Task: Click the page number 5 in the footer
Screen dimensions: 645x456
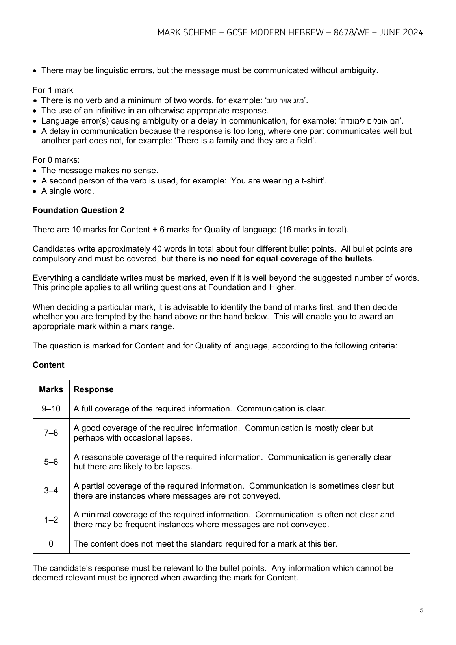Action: (421, 611)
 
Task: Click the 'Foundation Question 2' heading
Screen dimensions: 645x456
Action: (78, 210)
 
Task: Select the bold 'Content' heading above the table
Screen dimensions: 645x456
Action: (48, 365)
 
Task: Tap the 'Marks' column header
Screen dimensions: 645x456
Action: (51, 389)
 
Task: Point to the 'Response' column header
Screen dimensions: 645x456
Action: (94, 389)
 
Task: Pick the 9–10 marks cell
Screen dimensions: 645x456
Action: (51, 409)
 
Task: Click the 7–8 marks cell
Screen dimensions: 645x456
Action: (51, 433)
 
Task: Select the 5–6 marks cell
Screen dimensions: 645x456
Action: (51, 462)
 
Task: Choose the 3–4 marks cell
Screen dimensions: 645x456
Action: (51, 491)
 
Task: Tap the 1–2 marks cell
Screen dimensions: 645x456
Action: (51, 520)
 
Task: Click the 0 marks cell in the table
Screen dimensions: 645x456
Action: (51, 544)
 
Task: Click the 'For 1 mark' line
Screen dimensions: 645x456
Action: (53, 90)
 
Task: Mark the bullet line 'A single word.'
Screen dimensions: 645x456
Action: (68, 191)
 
